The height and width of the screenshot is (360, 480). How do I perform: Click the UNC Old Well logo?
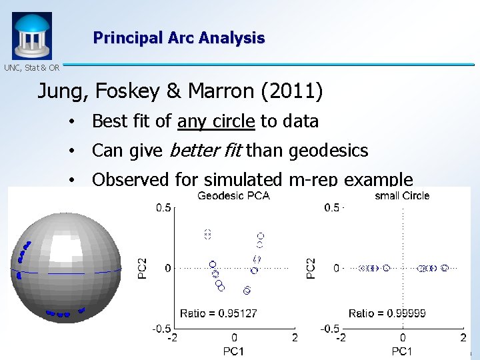coord(31,35)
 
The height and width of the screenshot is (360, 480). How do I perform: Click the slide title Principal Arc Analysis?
coord(179,38)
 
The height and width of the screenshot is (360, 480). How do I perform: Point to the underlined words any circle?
coord(216,121)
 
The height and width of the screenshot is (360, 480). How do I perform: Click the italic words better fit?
coord(206,151)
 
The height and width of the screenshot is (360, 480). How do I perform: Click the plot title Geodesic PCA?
coord(233,195)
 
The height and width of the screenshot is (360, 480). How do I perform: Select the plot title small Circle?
coord(402,195)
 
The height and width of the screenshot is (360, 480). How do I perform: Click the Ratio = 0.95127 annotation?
coord(219,313)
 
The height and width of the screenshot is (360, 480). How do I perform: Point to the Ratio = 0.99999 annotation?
coord(387,313)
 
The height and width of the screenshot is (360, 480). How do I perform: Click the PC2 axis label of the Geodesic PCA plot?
coord(142,268)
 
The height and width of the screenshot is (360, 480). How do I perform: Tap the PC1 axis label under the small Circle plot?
coord(402,351)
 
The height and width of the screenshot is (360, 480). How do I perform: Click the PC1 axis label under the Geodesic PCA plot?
coord(234,351)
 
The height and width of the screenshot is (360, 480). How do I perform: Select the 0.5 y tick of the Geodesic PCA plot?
coord(163,207)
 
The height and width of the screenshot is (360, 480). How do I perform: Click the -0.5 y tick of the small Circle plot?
coord(331,329)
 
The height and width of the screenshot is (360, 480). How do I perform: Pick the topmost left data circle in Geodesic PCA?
coord(207,233)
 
